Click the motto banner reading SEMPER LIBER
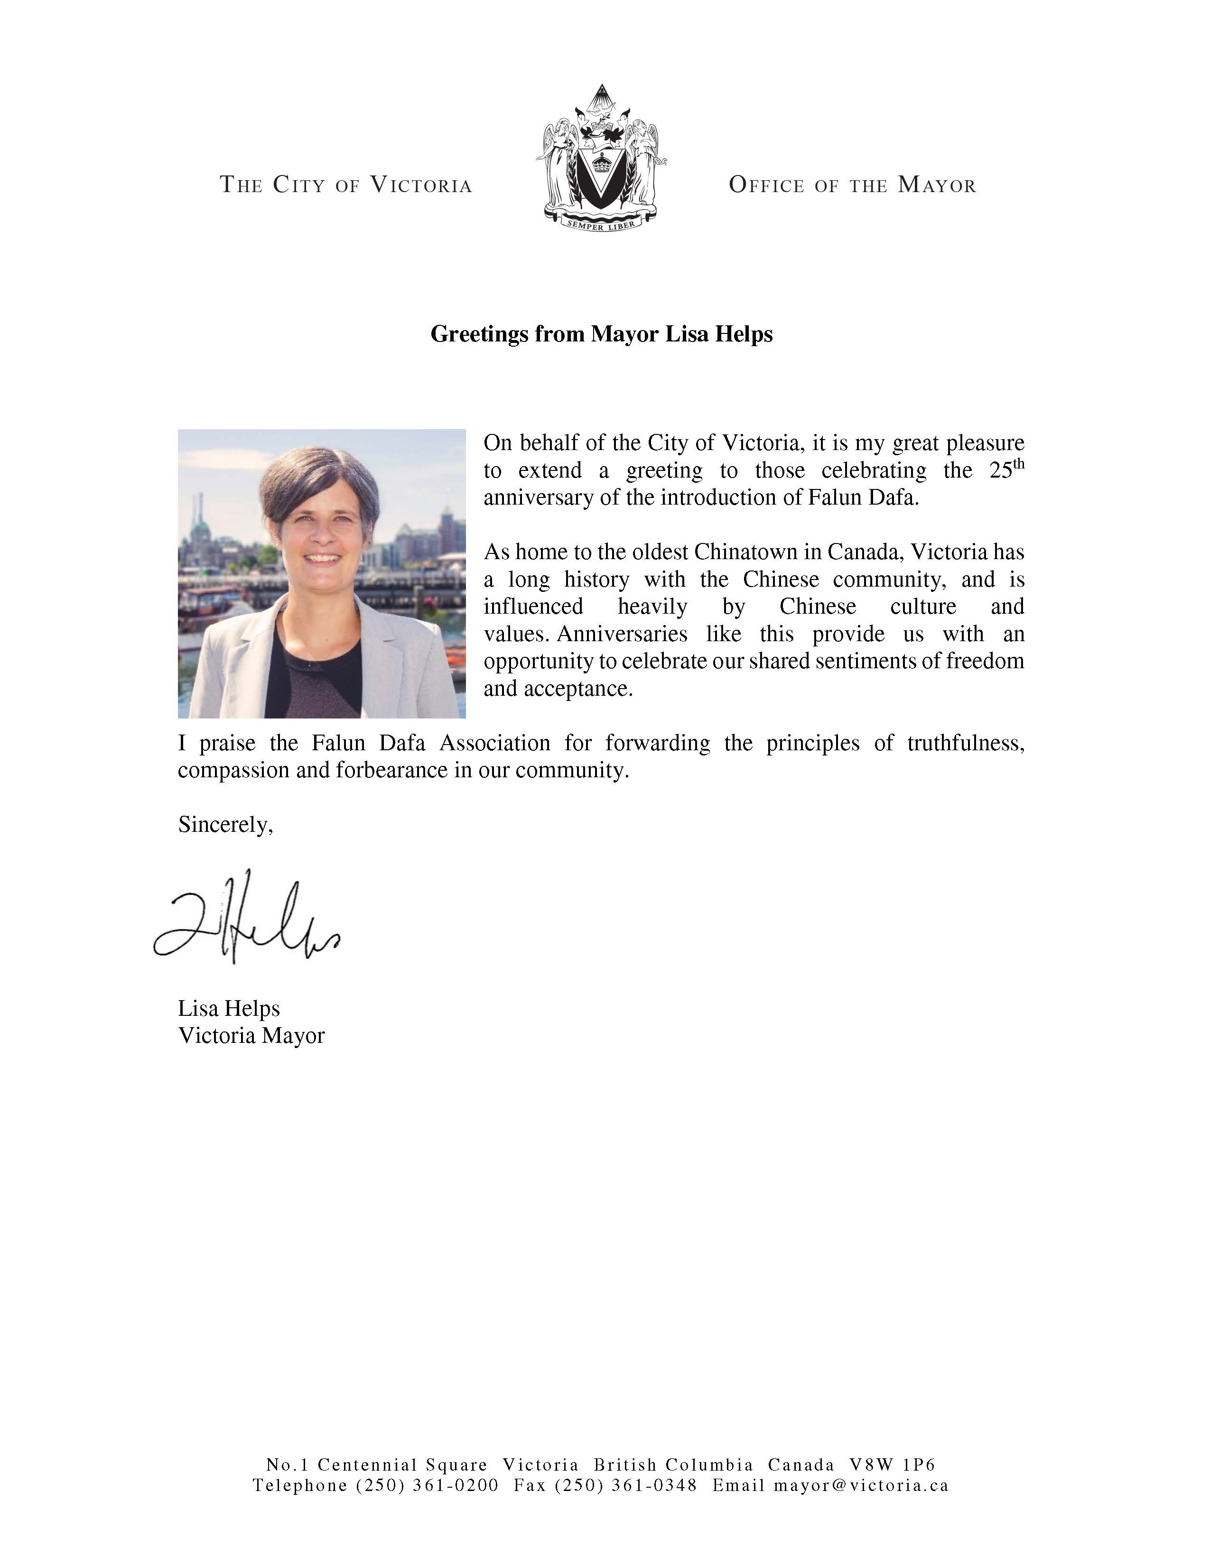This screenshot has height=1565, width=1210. click(x=601, y=225)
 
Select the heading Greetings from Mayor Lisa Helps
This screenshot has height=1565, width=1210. click(x=601, y=334)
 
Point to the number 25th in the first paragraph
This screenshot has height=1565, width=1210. click(x=1006, y=470)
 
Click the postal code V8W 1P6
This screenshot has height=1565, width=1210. click(x=893, y=1464)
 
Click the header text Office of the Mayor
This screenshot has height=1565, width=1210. click(x=852, y=185)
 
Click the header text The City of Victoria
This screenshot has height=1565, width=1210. click(x=345, y=185)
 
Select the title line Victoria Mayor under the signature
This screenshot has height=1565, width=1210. click(x=251, y=1035)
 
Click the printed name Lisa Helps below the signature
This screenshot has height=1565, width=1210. click(x=229, y=1008)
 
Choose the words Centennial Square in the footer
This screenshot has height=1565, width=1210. click(x=402, y=1464)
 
